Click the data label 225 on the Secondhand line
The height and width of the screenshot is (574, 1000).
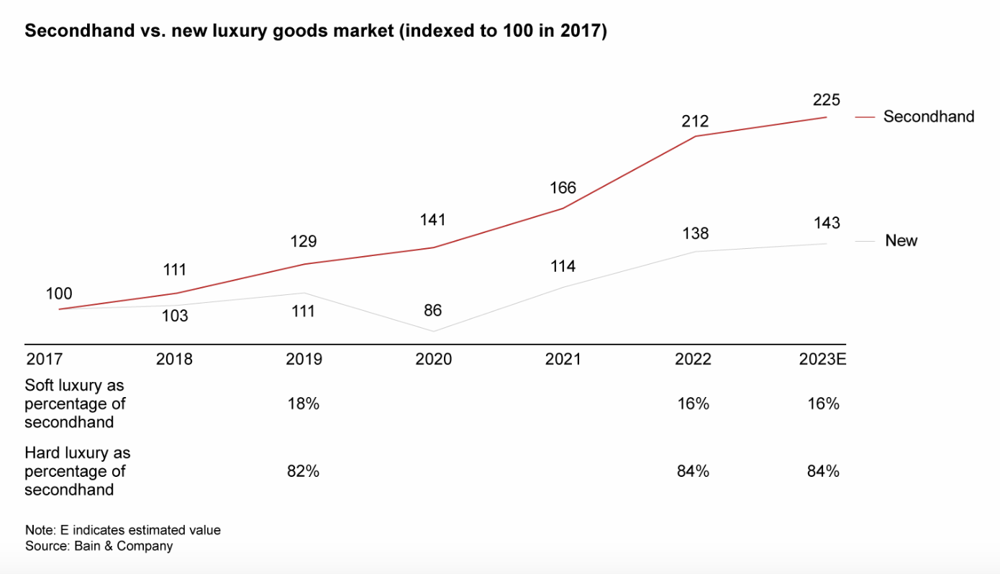tap(827, 100)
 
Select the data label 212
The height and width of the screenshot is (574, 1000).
tap(695, 121)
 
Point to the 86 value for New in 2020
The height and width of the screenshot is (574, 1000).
tap(432, 311)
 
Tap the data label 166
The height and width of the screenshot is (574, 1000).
tap(563, 188)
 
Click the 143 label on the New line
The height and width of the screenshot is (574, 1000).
tap(827, 223)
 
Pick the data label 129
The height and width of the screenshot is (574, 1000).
tap(303, 242)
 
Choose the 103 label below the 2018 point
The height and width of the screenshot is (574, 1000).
tap(174, 315)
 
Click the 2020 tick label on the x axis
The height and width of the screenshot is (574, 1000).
tap(433, 359)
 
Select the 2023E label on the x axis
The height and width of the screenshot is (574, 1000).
tap(822, 359)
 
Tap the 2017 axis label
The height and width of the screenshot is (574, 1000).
tap(45, 359)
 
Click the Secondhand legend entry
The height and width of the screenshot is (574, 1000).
tap(928, 117)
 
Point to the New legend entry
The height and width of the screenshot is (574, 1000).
tap(901, 241)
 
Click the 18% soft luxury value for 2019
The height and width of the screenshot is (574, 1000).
tap(303, 404)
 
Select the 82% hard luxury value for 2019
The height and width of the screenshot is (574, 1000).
tap(303, 471)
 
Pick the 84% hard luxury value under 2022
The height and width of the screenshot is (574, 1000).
tap(693, 471)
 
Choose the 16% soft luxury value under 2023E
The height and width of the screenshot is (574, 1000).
tap(823, 404)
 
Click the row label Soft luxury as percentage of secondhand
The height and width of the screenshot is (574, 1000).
tap(75, 404)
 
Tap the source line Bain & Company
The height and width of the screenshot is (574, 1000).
tap(99, 546)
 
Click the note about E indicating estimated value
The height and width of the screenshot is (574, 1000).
tap(123, 530)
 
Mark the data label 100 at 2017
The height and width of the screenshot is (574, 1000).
tap(59, 293)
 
